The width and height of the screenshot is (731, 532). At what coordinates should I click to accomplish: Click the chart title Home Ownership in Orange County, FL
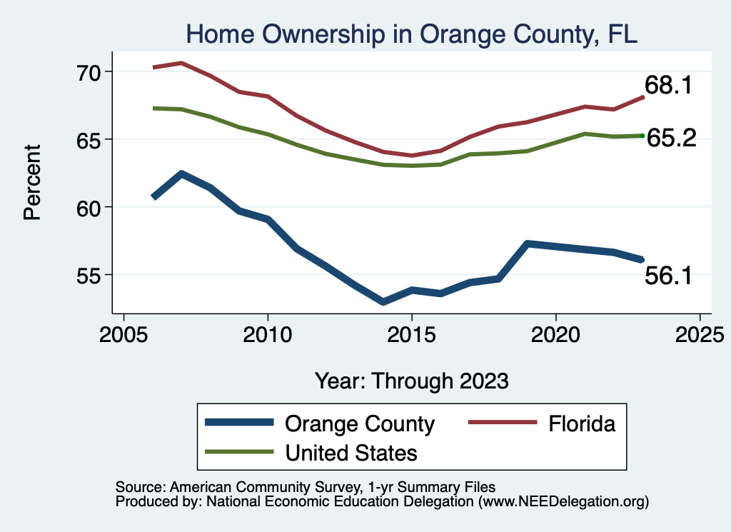click(x=411, y=34)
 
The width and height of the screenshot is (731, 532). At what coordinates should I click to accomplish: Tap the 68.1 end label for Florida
click(x=668, y=86)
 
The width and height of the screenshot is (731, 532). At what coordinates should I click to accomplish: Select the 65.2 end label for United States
click(x=671, y=138)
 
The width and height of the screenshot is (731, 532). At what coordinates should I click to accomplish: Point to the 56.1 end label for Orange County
click(x=668, y=276)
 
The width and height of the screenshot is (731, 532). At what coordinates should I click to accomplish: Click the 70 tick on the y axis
click(x=91, y=71)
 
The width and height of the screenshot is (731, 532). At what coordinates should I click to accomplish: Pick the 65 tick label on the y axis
click(x=91, y=139)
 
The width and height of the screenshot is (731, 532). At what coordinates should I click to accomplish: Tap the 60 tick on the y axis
click(x=91, y=207)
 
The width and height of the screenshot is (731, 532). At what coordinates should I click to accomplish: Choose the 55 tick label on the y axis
click(x=91, y=275)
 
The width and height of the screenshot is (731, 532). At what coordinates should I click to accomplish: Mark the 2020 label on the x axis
click(x=555, y=334)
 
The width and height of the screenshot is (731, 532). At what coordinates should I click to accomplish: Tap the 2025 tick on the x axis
click(x=700, y=334)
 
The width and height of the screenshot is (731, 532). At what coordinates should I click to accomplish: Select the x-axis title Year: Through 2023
click(x=412, y=381)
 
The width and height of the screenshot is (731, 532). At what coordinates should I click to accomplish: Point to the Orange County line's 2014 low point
click(x=383, y=302)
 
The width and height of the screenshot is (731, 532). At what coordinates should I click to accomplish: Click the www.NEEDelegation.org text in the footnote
click(x=563, y=501)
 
